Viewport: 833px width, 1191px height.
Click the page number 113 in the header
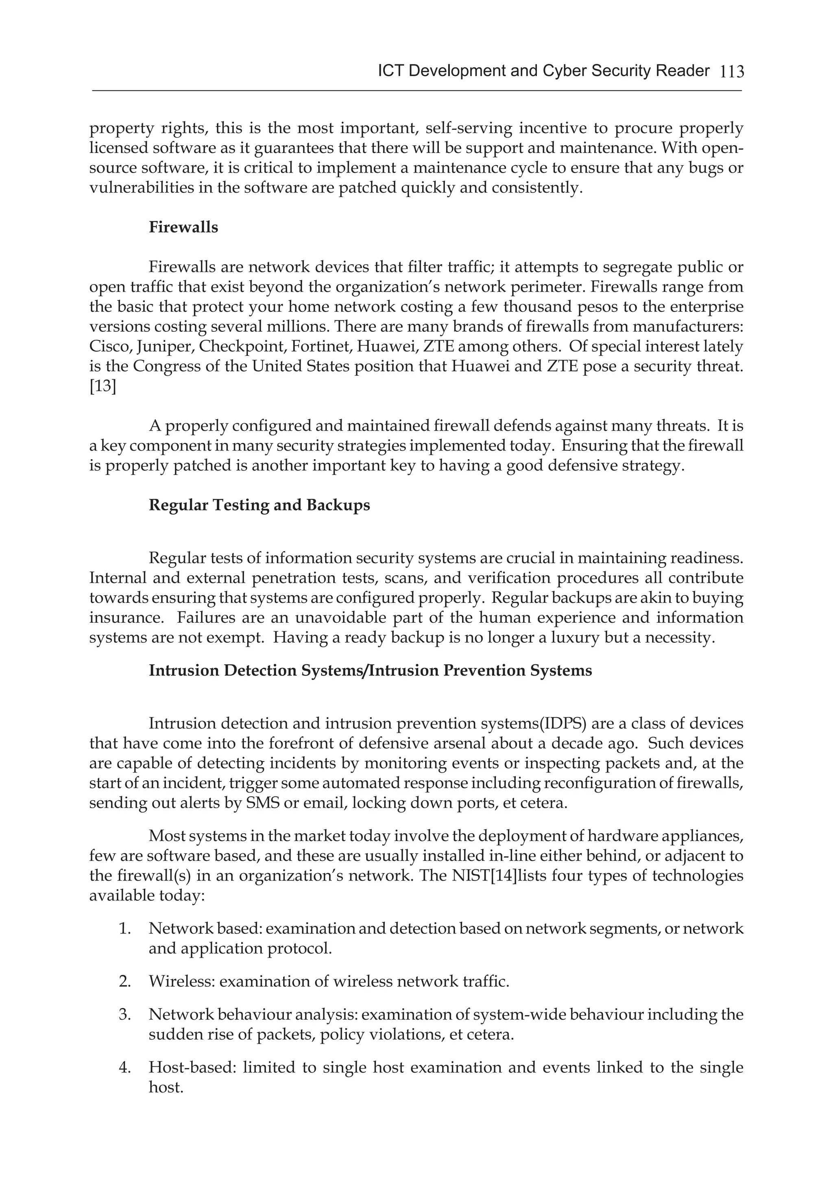[x=731, y=72]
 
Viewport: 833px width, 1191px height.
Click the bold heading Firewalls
[x=183, y=227]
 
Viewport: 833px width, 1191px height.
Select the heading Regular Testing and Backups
[x=259, y=505]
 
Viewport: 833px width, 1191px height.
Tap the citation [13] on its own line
[x=102, y=386]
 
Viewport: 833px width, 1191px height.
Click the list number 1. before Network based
[x=124, y=928]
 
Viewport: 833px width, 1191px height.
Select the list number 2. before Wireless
[x=124, y=981]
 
